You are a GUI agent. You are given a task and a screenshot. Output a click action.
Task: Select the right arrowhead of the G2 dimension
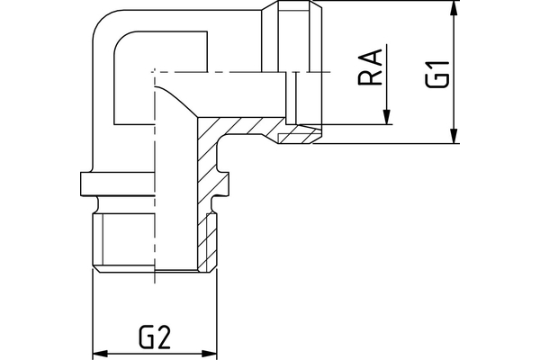214,353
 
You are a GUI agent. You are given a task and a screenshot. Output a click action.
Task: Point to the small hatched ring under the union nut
297,136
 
